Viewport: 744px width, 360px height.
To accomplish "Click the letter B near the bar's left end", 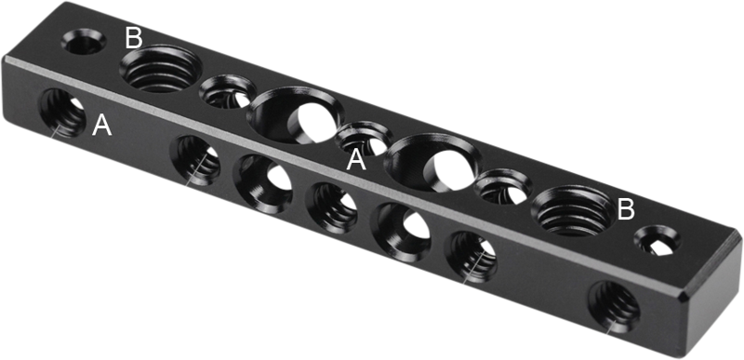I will click(133, 39).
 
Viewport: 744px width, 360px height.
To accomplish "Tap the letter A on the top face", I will click(356, 161).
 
